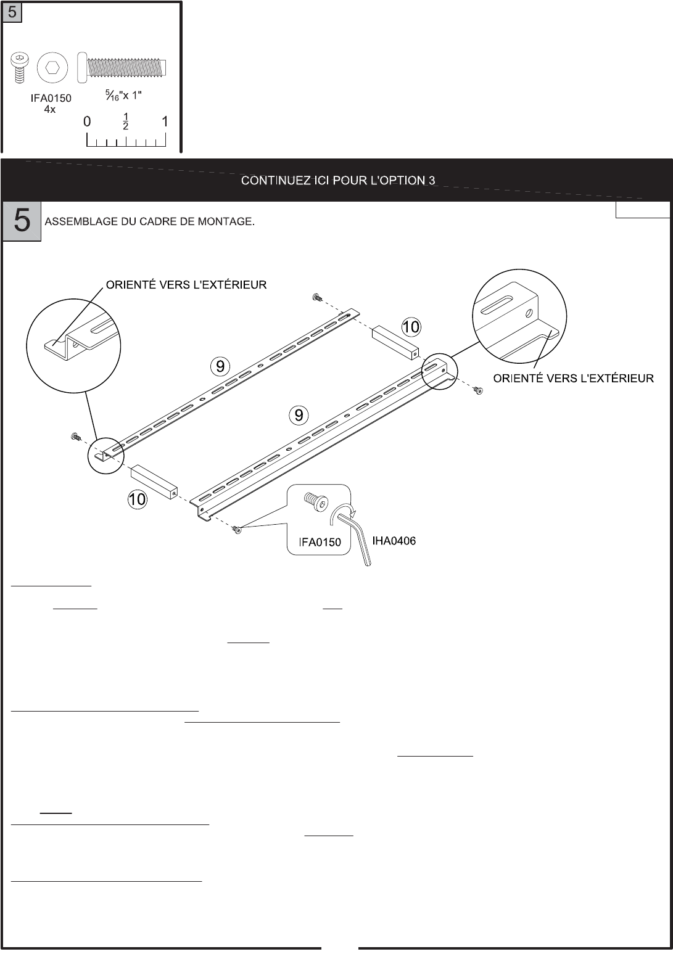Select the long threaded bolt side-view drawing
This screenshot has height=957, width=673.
pyautogui.click(x=123, y=67)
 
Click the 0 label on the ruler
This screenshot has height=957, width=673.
pyautogui.click(x=88, y=122)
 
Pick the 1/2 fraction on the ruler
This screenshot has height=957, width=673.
pyautogui.click(x=126, y=122)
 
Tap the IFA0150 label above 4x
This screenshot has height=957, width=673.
pyautogui.click(x=52, y=99)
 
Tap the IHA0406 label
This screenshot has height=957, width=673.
pyautogui.click(x=394, y=541)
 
